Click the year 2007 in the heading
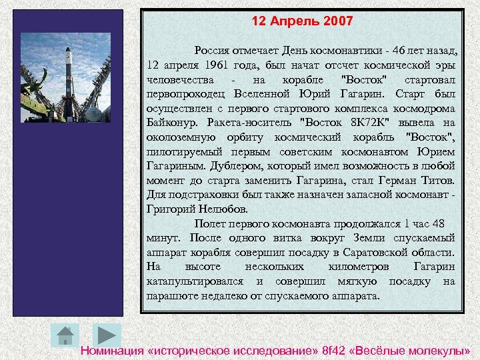[x=337, y=21]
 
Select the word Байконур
[x=168, y=123]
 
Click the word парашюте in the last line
[x=169, y=295]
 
